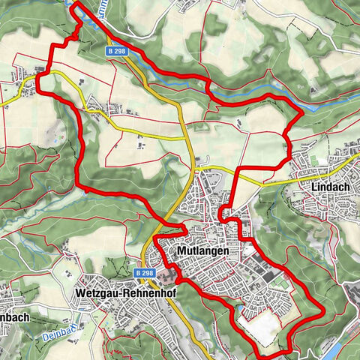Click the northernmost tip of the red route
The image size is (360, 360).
[x=76, y=4]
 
